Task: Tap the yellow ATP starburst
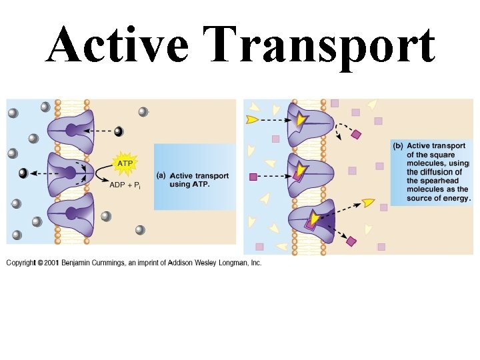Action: (124, 163)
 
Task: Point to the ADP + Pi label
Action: (125, 185)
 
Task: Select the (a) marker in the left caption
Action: (161, 176)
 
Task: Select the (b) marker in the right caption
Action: (397, 146)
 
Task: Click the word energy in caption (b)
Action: (455, 198)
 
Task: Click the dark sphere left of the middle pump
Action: (23, 173)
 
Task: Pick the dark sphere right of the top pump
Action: (119, 131)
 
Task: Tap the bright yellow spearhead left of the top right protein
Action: (252, 120)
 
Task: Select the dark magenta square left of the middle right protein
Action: (253, 177)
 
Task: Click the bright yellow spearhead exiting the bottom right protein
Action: (368, 202)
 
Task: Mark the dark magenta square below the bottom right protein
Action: (351, 241)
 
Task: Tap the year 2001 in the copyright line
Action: (51, 263)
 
